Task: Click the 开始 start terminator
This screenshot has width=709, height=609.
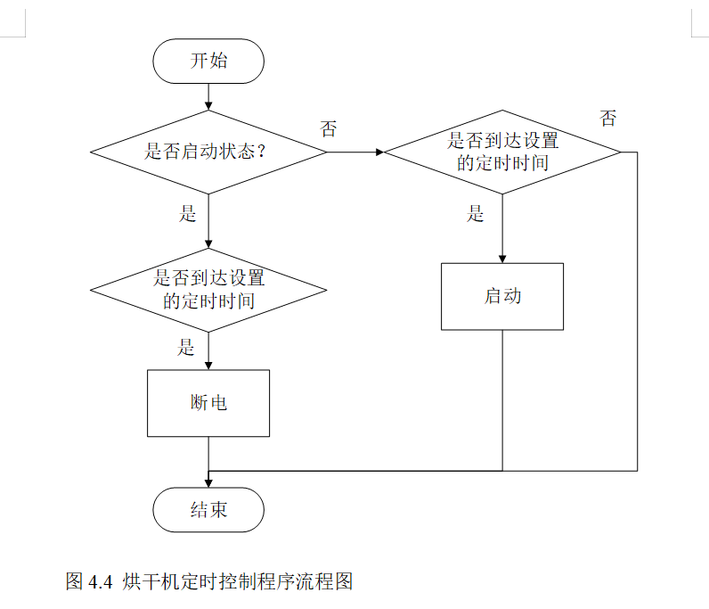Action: pyautogui.click(x=208, y=61)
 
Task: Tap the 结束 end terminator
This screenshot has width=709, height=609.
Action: pyautogui.click(x=208, y=510)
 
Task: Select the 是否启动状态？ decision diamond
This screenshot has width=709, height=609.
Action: pyautogui.click(x=208, y=152)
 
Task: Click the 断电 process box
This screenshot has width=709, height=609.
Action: pyautogui.click(x=208, y=403)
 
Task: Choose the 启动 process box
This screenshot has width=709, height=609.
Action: pyautogui.click(x=502, y=296)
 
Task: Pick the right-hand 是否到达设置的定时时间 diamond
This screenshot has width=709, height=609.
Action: pyautogui.click(x=502, y=152)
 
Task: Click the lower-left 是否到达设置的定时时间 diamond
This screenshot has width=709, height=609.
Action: pyautogui.click(x=208, y=290)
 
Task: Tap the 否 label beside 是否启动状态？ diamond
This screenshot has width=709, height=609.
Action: pyautogui.click(x=329, y=129)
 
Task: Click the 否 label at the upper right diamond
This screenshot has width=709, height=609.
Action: pyautogui.click(x=607, y=119)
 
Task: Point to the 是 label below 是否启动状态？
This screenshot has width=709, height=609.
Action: pyautogui.click(x=187, y=213)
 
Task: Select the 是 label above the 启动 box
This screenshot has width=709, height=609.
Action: pyautogui.click(x=476, y=213)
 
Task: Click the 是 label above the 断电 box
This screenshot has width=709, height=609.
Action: pyautogui.click(x=186, y=347)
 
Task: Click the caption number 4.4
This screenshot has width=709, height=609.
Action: pyautogui.click(x=99, y=582)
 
